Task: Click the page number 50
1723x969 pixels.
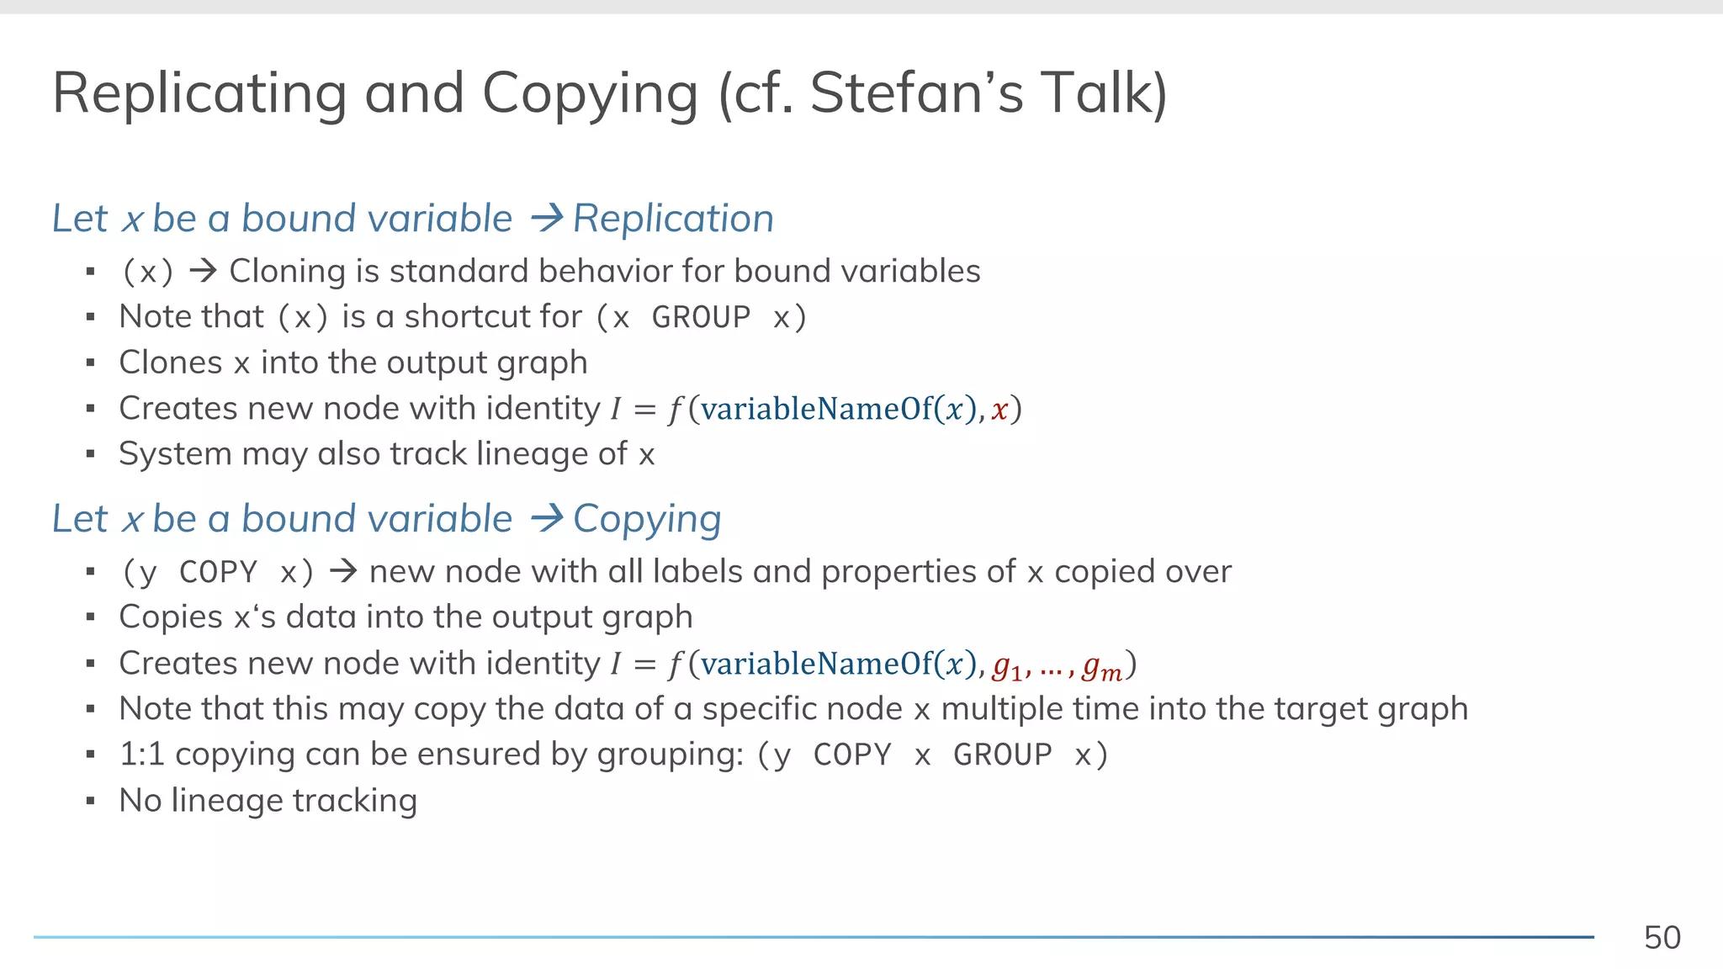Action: click(x=1662, y=937)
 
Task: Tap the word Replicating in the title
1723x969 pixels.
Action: click(x=199, y=94)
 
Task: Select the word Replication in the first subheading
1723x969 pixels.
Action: click(x=673, y=219)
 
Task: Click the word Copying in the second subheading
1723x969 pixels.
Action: click(x=647, y=519)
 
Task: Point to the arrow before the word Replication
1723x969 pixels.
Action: click(x=547, y=219)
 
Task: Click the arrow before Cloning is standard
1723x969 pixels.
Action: click(x=203, y=271)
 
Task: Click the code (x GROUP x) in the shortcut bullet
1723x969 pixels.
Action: click(x=701, y=317)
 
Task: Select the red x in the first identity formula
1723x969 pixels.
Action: click(x=999, y=410)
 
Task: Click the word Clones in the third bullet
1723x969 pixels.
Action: click(x=171, y=363)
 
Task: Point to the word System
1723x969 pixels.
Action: click(x=175, y=454)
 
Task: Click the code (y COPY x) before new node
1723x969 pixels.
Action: click(x=218, y=572)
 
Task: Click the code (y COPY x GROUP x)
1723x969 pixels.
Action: click(x=932, y=755)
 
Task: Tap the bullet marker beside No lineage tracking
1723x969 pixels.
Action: click(x=90, y=801)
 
